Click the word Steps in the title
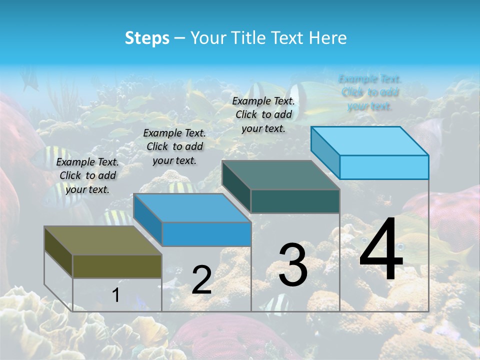(x=147, y=38)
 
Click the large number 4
(x=381, y=250)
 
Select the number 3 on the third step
(x=293, y=265)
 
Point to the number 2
(x=202, y=280)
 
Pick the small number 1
(x=116, y=295)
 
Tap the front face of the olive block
(x=117, y=266)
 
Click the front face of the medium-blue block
(x=206, y=234)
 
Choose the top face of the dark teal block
(x=280, y=175)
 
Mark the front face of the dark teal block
(x=295, y=201)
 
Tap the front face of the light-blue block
(x=384, y=167)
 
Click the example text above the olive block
(x=87, y=175)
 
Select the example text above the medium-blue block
(x=174, y=146)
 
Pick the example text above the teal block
(x=263, y=114)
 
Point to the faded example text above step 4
(x=370, y=92)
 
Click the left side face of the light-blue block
(x=325, y=152)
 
